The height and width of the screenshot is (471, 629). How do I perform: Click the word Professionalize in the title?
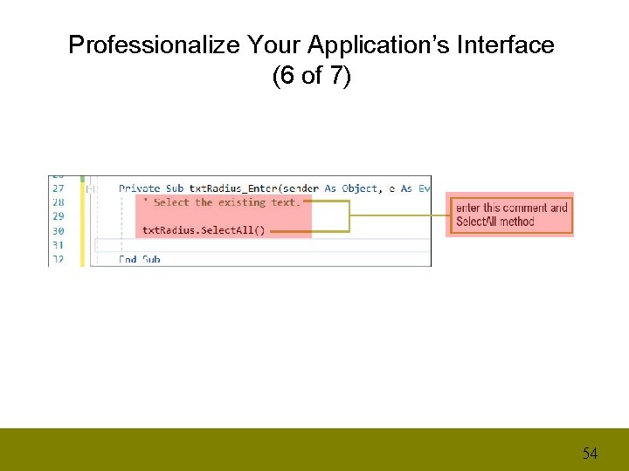(x=155, y=45)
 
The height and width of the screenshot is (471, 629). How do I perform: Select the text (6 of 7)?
(x=311, y=77)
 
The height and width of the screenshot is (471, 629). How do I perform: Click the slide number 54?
(x=591, y=453)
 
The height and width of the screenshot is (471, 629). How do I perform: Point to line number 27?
(x=58, y=188)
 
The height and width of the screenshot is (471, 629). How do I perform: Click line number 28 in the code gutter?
(x=58, y=202)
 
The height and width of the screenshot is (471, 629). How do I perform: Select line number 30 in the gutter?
(x=58, y=231)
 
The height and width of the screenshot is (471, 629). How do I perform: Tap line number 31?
(x=58, y=245)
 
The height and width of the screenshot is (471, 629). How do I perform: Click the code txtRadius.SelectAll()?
(x=203, y=231)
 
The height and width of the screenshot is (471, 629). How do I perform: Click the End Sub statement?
(x=140, y=259)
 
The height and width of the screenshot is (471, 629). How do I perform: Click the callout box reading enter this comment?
(x=511, y=215)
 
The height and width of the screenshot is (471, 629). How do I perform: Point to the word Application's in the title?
(x=380, y=45)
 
